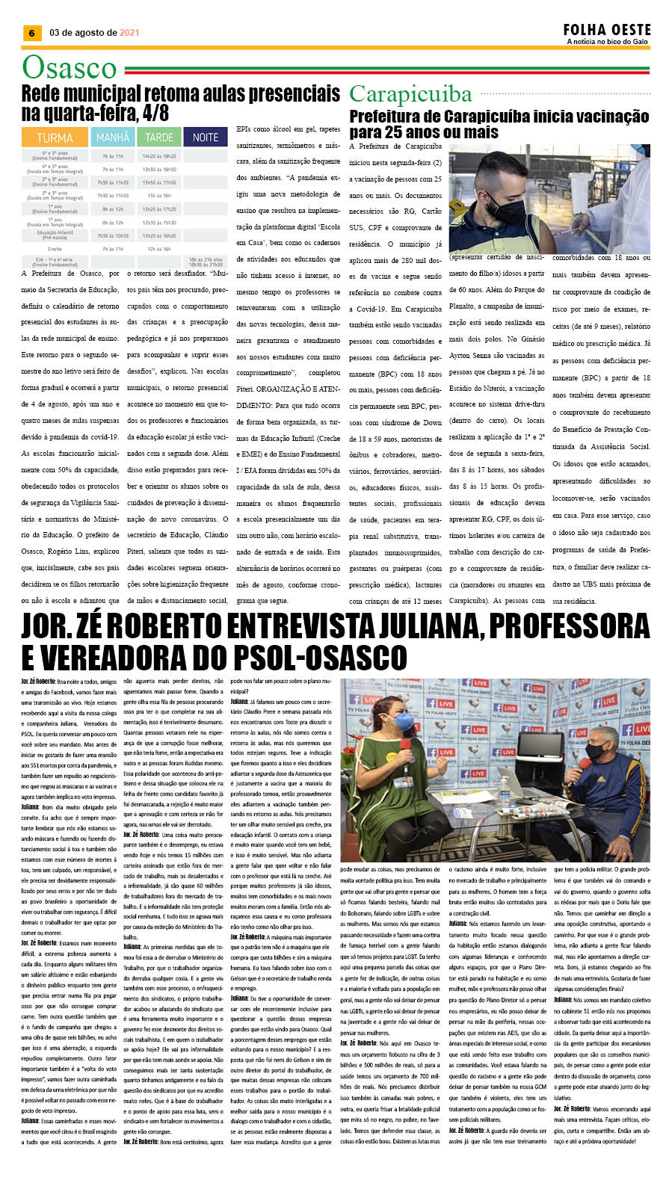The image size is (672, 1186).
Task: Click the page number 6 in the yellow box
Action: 31,33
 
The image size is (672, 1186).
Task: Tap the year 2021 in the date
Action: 129,33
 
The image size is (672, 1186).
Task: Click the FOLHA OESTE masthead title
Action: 607,30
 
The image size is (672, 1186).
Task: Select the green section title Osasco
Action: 70,68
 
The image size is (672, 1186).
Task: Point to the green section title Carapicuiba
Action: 410,94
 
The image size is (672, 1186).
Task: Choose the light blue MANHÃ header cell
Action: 113,138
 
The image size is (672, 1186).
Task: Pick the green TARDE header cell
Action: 158,138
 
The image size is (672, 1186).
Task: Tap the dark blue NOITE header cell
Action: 206,138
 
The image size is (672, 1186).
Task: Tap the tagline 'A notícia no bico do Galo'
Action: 607,42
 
